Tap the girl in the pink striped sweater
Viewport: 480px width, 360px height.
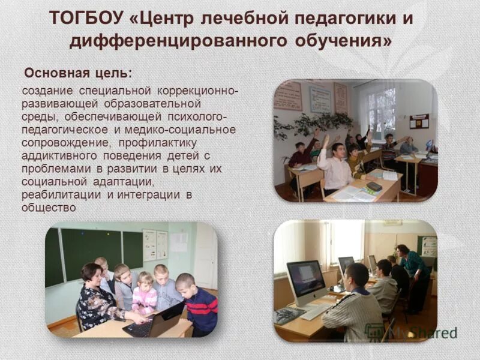(145, 294)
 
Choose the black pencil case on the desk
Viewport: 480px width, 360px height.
(374, 186)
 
